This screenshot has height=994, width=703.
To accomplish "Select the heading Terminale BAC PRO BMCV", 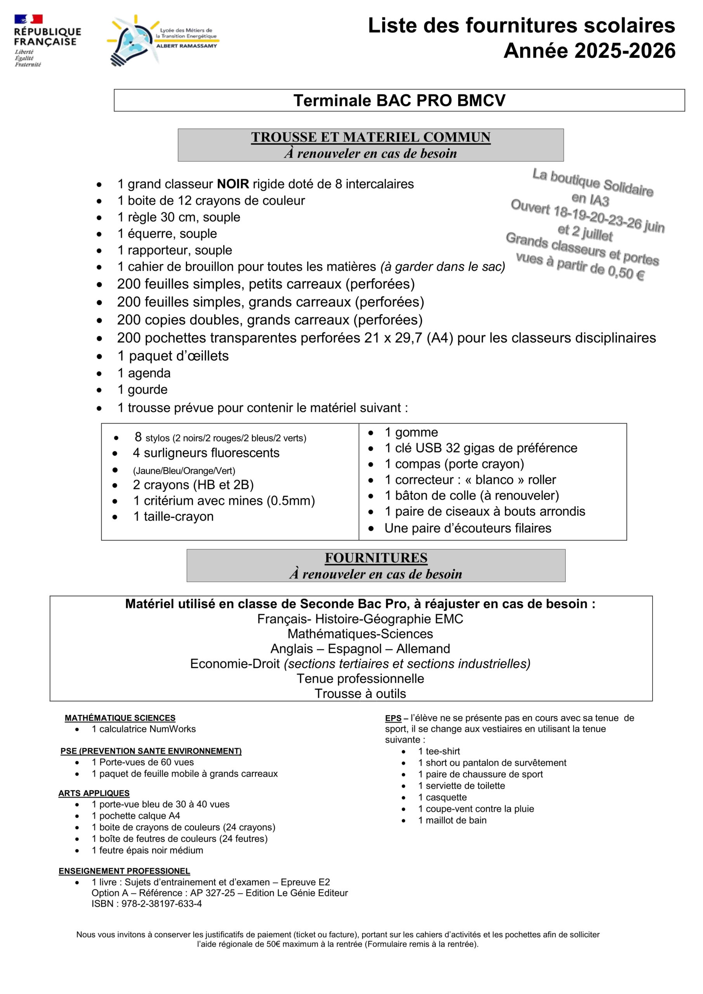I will (x=399, y=101).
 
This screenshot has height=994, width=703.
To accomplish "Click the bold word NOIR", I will (x=233, y=184).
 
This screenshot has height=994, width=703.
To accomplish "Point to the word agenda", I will (x=149, y=373).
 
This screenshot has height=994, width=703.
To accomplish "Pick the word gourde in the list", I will (x=148, y=389).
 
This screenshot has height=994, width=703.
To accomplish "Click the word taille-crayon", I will (x=179, y=516).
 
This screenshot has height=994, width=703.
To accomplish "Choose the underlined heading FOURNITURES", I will (x=376, y=558).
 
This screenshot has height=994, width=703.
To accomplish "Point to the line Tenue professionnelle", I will (x=360, y=678).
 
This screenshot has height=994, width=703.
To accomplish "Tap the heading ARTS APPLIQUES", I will (x=94, y=793).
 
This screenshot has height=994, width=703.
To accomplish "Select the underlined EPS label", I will (x=393, y=718).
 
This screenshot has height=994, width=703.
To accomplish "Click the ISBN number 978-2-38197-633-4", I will (x=161, y=904).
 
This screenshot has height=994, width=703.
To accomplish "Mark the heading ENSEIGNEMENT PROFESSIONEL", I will (x=124, y=871).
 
